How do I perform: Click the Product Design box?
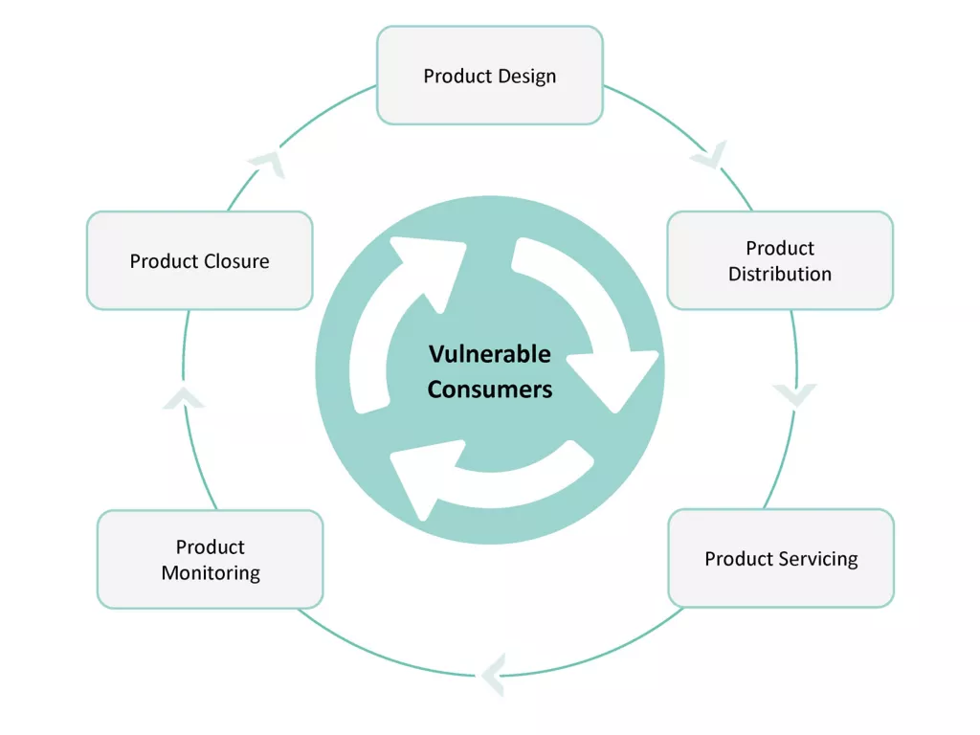(x=489, y=76)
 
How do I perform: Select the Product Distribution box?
(x=779, y=260)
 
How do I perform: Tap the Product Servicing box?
(x=780, y=559)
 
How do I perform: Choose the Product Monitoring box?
(x=210, y=560)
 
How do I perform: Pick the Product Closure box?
(x=199, y=260)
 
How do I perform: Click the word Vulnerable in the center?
(x=489, y=354)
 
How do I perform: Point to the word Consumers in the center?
(x=489, y=390)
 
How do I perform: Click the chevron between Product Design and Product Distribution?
(x=710, y=155)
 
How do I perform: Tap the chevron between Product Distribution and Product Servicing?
(x=795, y=394)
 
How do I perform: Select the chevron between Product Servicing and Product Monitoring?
(x=492, y=675)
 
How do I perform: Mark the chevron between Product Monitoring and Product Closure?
(x=183, y=398)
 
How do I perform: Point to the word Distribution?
(x=779, y=274)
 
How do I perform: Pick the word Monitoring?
(x=210, y=573)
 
